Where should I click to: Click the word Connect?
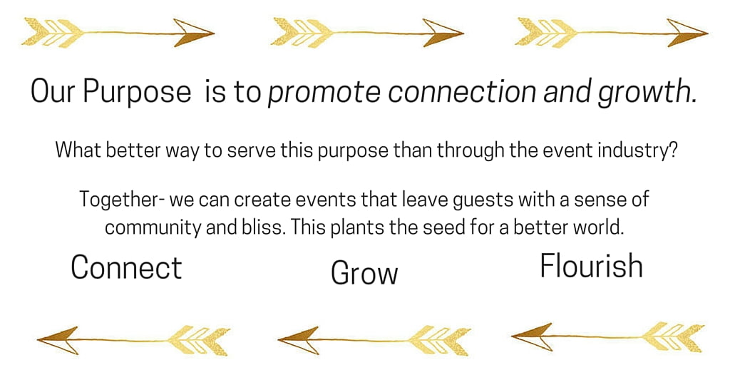pos(126,267)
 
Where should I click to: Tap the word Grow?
pos(364,273)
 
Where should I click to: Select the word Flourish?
pos(591,266)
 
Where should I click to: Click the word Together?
pos(118,200)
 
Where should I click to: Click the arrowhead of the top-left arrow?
pos(193,33)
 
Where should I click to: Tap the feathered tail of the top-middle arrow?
pos(302,33)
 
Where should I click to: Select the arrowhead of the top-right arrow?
pos(687,33)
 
